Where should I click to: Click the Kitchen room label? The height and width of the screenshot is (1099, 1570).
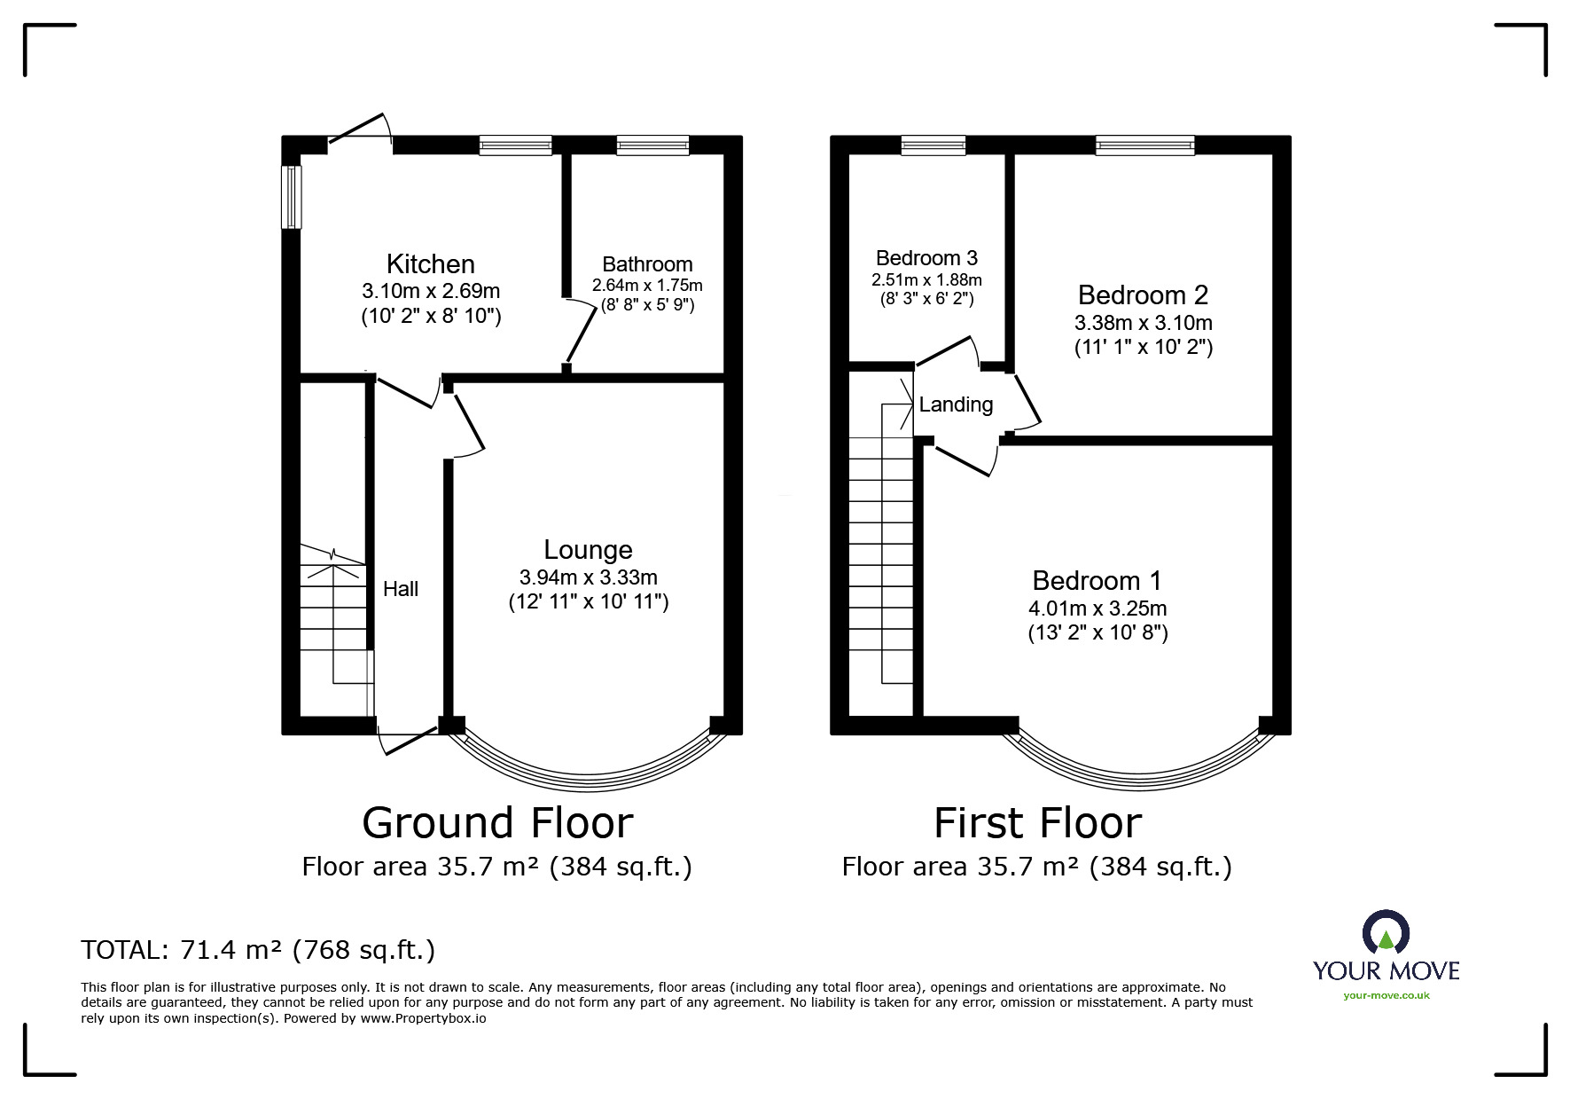pyautogui.click(x=430, y=264)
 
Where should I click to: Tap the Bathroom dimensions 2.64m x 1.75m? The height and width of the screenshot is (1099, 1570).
pyautogui.click(x=647, y=286)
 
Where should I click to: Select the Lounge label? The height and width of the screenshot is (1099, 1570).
pyautogui.click(x=588, y=550)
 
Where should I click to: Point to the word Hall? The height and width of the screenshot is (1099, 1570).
pyautogui.click(x=401, y=589)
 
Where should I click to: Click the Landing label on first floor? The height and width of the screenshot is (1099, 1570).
pyautogui.click(x=956, y=405)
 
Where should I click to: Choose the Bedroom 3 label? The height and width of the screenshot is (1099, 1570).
pyautogui.click(x=926, y=258)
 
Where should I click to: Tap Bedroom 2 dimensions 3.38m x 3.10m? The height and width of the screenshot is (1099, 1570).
pyautogui.click(x=1144, y=323)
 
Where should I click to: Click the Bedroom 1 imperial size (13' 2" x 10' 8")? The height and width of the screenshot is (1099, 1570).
pyautogui.click(x=1097, y=633)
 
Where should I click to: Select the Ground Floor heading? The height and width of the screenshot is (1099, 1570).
pyautogui.click(x=497, y=823)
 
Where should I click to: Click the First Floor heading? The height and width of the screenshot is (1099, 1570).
pyautogui.click(x=1037, y=823)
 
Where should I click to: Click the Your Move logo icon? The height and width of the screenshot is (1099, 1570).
pyautogui.click(x=1386, y=934)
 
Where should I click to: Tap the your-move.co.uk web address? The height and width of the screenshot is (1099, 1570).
pyautogui.click(x=1386, y=995)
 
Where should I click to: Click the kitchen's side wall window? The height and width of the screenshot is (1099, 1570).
pyautogui.click(x=292, y=197)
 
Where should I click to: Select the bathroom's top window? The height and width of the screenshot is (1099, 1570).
pyautogui.click(x=652, y=145)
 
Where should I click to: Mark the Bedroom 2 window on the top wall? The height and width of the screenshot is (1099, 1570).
pyautogui.click(x=1144, y=145)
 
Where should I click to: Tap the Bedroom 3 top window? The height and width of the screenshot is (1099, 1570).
pyautogui.click(x=933, y=145)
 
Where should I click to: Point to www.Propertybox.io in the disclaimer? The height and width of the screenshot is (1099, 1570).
pyautogui.click(x=423, y=1019)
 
